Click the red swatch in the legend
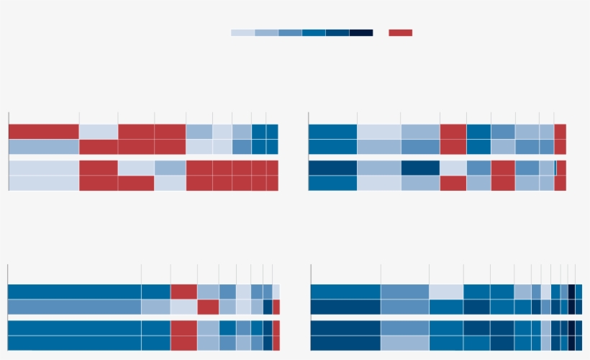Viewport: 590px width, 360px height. [x=400, y=32]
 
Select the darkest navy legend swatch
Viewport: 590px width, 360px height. [x=361, y=32]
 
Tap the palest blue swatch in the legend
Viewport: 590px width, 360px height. [x=242, y=32]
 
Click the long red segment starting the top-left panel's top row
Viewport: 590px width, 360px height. [x=43, y=132]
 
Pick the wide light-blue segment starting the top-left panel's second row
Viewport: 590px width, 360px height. [x=43, y=147]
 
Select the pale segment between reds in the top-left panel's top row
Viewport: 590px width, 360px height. [x=99, y=132]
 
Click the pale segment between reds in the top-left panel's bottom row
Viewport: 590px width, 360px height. [x=170, y=184]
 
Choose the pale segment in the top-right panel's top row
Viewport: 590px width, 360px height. [x=378, y=132]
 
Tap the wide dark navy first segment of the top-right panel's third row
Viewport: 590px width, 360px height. [x=332, y=168]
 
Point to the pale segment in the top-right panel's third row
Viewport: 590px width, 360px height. [x=453, y=168]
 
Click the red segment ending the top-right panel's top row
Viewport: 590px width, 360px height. [x=560, y=132]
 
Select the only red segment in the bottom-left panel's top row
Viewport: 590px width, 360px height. [x=183, y=292]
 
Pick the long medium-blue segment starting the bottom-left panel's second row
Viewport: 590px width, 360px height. [x=74, y=307]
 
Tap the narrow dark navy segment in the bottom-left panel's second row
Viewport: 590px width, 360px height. [x=268, y=307]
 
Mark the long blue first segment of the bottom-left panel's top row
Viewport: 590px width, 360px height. [x=74, y=292]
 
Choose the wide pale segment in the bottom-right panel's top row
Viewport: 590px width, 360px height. [x=446, y=292]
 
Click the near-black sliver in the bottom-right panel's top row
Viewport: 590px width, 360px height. [x=571, y=292]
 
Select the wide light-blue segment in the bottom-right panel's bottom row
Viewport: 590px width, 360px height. [x=405, y=343]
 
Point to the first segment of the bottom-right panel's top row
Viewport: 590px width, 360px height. [x=345, y=292]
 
